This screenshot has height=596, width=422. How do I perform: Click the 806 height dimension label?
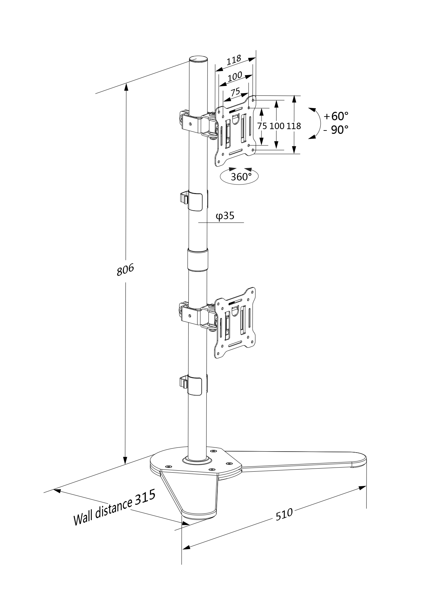coord(125,269)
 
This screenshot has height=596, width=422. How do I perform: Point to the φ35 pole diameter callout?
coord(225,216)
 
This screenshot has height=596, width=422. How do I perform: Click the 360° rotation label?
coord(241,177)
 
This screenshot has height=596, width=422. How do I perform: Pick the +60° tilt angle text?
coord(336,116)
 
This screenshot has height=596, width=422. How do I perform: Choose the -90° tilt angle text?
coord(336,129)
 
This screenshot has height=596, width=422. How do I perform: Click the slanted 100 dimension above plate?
coord(235,76)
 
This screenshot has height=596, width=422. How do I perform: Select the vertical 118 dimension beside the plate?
coord(293,126)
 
